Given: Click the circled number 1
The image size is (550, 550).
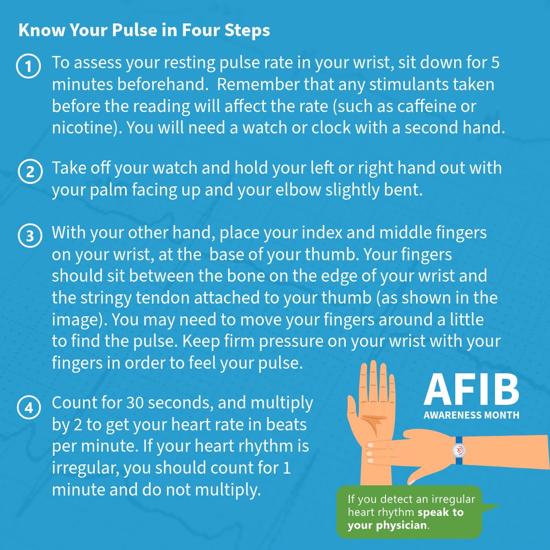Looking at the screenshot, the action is (x=29, y=66).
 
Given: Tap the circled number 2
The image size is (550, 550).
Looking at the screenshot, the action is (x=30, y=172).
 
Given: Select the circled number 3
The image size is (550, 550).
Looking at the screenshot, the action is (x=30, y=236).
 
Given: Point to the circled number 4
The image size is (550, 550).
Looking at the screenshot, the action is (x=29, y=407).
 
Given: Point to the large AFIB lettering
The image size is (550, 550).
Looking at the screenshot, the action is (x=471, y=390).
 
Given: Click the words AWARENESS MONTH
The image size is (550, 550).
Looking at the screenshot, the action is (x=472, y=415).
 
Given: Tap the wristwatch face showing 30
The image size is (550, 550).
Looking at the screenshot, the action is (x=459, y=450).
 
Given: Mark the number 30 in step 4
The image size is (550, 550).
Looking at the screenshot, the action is (x=135, y=403).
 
